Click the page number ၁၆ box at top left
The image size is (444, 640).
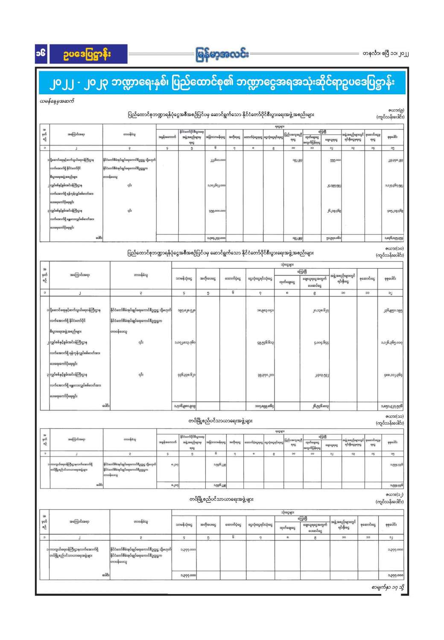click(x=42, y=54)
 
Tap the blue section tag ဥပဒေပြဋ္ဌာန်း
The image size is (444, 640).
click(x=88, y=54)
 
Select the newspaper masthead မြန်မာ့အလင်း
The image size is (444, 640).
click(x=222, y=55)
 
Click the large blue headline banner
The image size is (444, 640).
click(x=222, y=82)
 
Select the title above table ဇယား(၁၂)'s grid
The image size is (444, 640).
click(x=222, y=499)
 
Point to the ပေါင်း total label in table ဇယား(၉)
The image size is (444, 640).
click(x=99, y=238)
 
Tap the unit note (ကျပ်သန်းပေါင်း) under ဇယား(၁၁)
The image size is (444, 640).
click(x=390, y=423)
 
